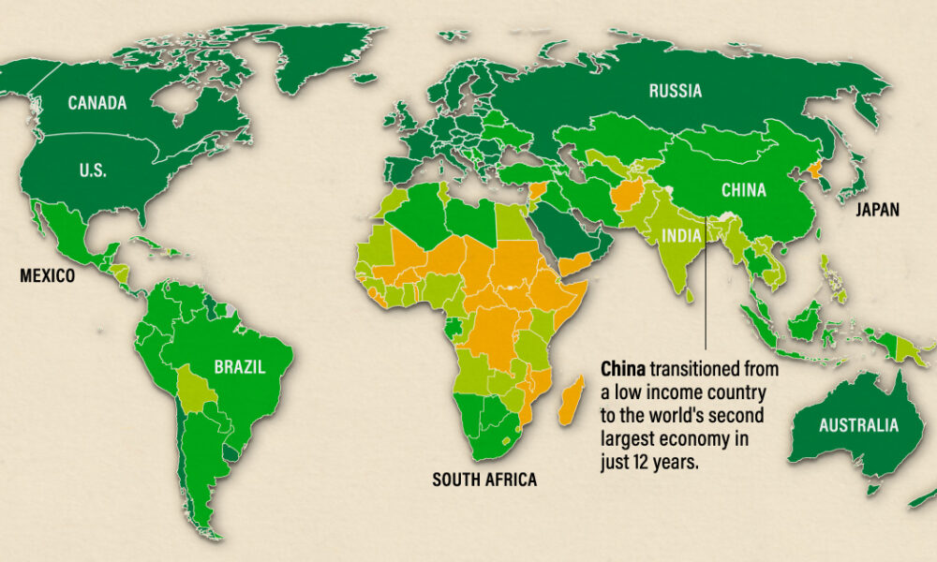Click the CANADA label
tap(97, 103)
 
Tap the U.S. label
tap(93, 170)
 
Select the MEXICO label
tap(47, 276)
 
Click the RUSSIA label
tap(675, 91)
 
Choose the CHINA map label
tap(743, 190)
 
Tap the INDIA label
tap(682, 234)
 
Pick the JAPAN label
tap(877, 211)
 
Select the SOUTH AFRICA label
tap(484, 481)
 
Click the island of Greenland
tap(309, 47)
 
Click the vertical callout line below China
tap(706, 290)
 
